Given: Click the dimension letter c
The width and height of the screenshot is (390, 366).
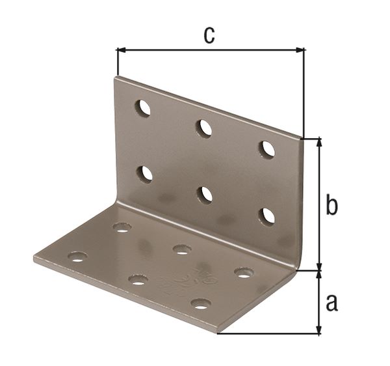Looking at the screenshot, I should click(x=209, y=35).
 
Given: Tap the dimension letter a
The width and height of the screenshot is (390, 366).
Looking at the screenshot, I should click(x=331, y=302).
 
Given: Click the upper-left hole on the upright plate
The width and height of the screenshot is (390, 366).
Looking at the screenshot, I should click(x=143, y=108).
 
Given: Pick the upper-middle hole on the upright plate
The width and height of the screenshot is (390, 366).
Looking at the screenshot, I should click(x=205, y=128).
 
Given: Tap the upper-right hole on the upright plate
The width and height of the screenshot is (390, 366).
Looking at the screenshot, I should click(x=267, y=149).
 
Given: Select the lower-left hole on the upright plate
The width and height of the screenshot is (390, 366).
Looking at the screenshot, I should click(x=145, y=174).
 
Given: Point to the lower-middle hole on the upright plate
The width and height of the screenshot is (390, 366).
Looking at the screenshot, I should click(x=205, y=194).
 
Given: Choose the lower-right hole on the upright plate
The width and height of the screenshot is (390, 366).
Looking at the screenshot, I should click(x=266, y=216).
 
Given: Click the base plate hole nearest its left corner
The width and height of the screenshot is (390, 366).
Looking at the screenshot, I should click(x=77, y=257).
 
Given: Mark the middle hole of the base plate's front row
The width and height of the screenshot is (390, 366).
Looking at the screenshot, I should click(x=138, y=280).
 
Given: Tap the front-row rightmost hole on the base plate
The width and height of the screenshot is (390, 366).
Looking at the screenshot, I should click(x=201, y=303).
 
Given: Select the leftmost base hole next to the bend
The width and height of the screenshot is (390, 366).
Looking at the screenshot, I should click(x=122, y=227).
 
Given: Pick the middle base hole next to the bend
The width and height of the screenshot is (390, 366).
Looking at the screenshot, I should click(x=182, y=249).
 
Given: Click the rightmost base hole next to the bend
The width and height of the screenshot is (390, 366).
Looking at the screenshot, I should click(x=244, y=272).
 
